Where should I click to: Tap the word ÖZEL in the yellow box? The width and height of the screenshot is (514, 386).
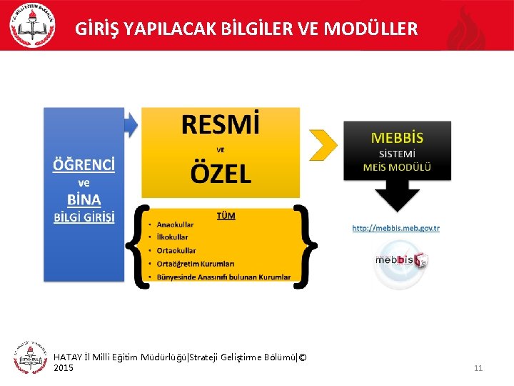(221, 173)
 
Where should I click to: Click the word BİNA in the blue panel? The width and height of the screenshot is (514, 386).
(84, 199)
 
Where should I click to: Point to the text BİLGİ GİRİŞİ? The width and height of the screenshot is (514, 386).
(84, 217)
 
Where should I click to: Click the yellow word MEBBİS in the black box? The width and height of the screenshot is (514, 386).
(398, 137)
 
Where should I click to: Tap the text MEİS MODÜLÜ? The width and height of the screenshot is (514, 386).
(398, 168)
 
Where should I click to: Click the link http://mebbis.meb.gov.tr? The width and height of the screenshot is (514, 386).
(396, 229)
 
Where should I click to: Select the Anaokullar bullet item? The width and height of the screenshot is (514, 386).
(175, 224)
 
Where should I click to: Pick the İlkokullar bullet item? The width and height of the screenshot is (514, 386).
(172, 237)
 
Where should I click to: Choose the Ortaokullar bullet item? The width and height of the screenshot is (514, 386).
(176, 251)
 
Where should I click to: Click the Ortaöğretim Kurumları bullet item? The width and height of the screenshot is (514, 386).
(195, 264)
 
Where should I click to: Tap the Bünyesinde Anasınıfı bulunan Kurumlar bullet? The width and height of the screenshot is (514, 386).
(223, 277)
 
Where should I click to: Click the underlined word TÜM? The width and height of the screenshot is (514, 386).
(226, 214)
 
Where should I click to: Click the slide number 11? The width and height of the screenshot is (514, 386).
(478, 368)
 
